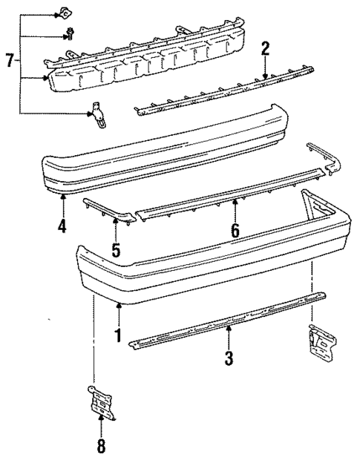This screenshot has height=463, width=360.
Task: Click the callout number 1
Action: click(117, 335)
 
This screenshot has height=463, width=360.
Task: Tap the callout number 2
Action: click(265, 50)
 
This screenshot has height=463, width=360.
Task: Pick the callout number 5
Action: click(116, 250)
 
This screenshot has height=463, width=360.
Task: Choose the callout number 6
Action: click(235, 231)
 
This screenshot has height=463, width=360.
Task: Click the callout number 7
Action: click(10, 61)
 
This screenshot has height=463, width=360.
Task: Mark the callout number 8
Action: click(101, 446)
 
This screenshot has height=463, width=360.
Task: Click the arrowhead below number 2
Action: click(265, 76)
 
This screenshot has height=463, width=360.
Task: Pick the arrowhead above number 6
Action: click(235, 200)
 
